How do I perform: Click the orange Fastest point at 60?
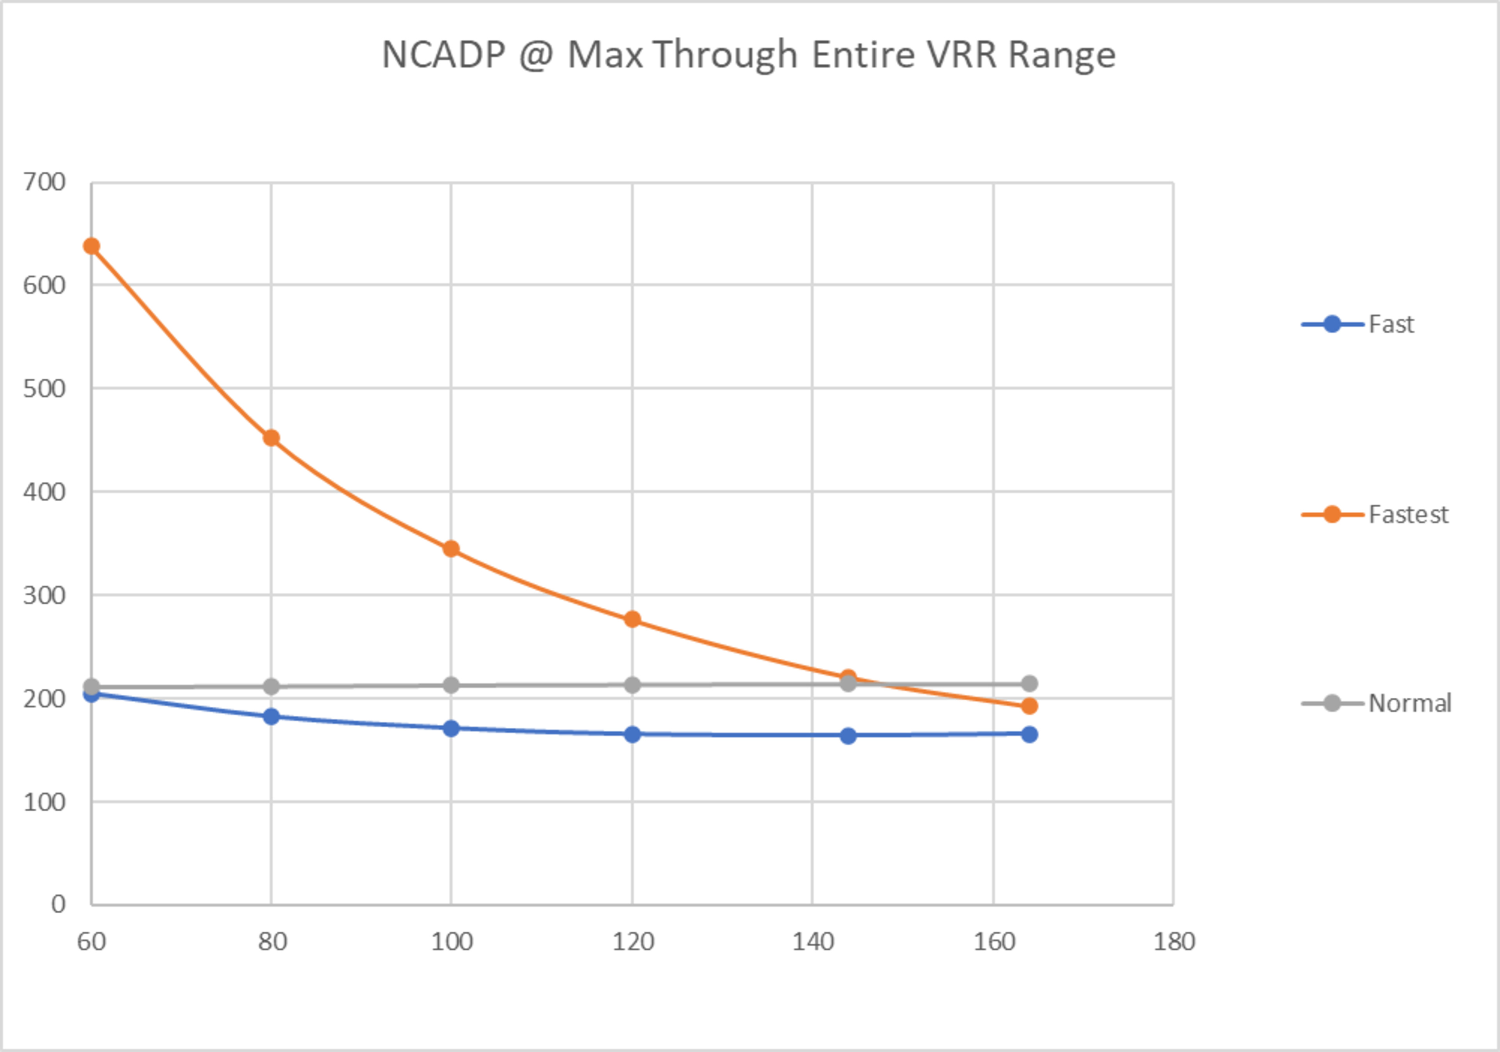[91, 246]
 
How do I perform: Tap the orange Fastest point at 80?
[271, 438]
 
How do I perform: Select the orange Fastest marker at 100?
[451, 549]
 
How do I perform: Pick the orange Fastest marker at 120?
[632, 620]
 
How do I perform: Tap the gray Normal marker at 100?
[451, 686]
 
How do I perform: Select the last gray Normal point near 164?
[1029, 684]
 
